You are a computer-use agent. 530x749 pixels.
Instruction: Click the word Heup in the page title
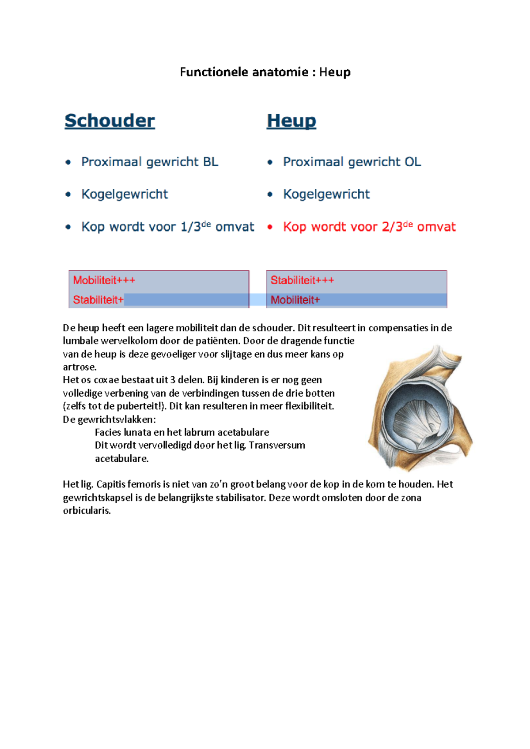tap(335, 72)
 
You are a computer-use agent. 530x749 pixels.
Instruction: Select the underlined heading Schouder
tap(110, 121)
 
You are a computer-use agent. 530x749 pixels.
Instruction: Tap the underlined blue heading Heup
tap(291, 121)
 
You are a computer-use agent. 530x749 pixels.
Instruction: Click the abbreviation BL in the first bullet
tap(211, 162)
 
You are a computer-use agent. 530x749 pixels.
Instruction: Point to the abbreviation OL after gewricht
tap(413, 162)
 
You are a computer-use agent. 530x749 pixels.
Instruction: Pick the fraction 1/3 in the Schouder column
tap(191, 227)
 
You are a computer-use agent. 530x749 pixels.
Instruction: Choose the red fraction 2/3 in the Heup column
tap(392, 227)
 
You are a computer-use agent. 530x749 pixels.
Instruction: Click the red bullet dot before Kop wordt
tap(270, 227)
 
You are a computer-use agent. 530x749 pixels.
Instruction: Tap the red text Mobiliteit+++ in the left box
tap(104, 280)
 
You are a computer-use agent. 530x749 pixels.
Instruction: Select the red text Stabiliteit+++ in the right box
tap(302, 280)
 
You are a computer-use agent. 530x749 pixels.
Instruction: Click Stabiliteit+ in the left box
tap(98, 300)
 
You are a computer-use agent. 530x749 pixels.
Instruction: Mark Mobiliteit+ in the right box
tap(295, 300)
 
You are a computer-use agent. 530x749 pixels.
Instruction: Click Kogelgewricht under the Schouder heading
tap(125, 195)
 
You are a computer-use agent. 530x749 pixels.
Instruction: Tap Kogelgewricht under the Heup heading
tap(326, 195)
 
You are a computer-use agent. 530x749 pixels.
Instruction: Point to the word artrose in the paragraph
tap(79, 367)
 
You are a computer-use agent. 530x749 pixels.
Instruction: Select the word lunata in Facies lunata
tap(137, 432)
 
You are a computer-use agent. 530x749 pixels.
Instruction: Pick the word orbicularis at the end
tap(86, 511)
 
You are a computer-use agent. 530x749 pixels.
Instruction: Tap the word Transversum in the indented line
tap(277, 445)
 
